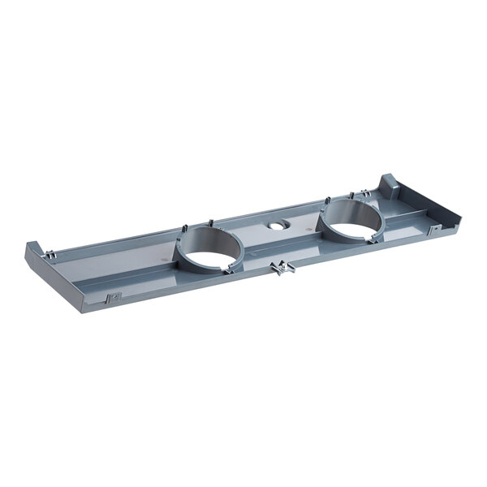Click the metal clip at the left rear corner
tap(51, 255)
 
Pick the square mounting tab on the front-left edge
tap(114, 297)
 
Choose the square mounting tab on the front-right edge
tap(435, 229)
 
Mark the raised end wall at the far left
tap(34, 251)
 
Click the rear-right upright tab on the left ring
tap(210, 222)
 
